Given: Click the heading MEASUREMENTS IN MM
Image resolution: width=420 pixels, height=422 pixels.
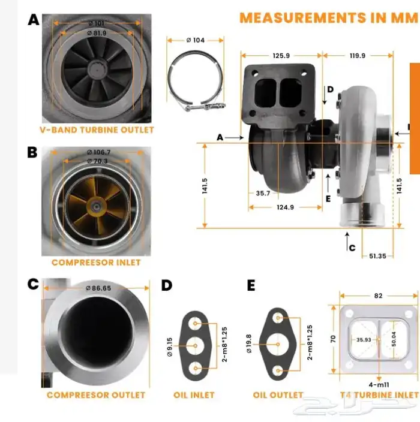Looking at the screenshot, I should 328,17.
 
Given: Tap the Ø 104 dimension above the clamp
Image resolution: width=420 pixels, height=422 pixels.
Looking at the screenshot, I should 195,40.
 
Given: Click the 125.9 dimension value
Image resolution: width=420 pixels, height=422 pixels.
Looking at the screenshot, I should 281,56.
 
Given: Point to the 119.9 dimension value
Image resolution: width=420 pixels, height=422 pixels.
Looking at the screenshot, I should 357,56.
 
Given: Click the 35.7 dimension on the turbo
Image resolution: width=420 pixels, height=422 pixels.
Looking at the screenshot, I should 263,194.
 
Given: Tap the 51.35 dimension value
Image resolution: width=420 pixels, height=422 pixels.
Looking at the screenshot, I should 377,256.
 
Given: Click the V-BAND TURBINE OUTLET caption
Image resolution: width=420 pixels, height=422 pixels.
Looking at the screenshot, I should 97,129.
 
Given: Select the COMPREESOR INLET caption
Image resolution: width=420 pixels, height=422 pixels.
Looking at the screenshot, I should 96,263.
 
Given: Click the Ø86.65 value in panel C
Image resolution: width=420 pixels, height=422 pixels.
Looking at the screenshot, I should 98,288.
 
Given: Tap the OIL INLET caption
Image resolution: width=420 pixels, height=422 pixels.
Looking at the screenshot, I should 194,395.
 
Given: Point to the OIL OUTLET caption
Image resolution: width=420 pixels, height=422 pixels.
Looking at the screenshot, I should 278,395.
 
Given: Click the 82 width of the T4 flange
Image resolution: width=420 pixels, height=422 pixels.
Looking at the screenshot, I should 378,296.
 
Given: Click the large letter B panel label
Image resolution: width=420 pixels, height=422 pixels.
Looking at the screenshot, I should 32,152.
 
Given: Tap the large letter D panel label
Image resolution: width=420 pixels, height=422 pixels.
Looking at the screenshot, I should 167,285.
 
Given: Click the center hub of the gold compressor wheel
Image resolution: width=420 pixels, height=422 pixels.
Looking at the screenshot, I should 96,205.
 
